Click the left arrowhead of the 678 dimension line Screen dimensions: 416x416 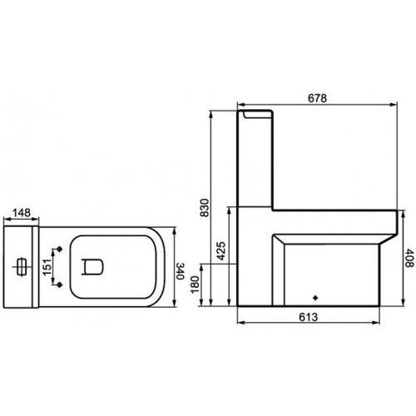pos(240,104)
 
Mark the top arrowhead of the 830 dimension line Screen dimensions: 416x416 pos(213,111)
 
